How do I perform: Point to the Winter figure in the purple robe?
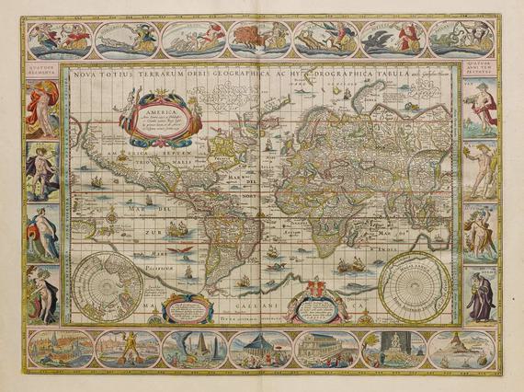[483, 294]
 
